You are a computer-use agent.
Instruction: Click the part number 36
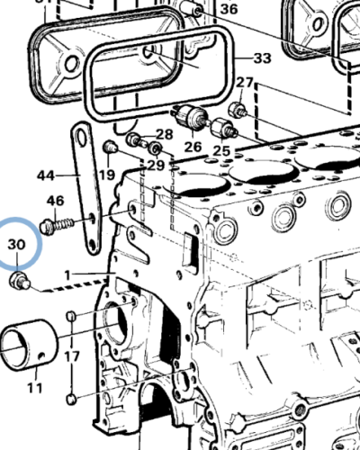pyautogui.click(x=229, y=9)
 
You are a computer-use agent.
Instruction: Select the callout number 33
pyautogui.click(x=261, y=58)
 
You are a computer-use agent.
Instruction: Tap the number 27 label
pyautogui.click(x=245, y=84)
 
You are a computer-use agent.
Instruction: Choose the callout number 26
pyautogui.click(x=193, y=147)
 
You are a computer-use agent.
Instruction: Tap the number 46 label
pyautogui.click(x=55, y=200)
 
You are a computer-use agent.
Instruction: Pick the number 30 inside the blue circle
pyautogui.click(x=17, y=244)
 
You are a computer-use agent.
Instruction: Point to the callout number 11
pyautogui.click(x=34, y=388)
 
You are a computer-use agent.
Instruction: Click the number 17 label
pyautogui.click(x=71, y=356)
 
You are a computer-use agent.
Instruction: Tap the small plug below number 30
pyautogui.click(x=19, y=283)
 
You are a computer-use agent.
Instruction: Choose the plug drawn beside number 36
pyautogui.click(x=191, y=11)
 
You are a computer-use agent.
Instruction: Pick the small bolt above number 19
pyautogui.click(x=110, y=147)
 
